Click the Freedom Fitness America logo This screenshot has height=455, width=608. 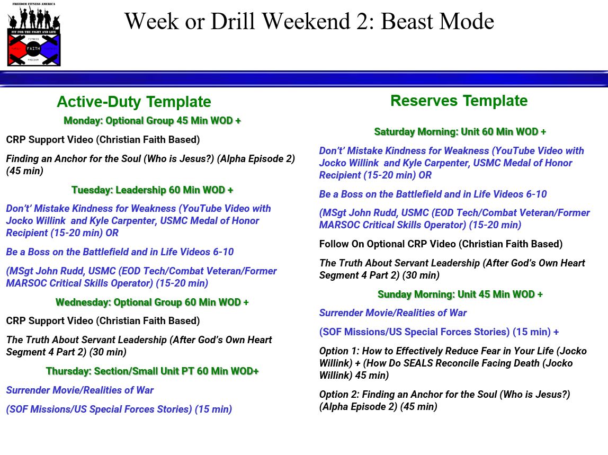pos(34,34)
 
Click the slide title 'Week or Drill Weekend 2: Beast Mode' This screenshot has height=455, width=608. pos(309,21)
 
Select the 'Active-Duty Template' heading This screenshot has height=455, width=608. pos(134,102)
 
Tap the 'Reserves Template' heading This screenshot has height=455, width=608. pos(459,101)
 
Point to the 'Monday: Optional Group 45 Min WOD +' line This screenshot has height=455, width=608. pos(152,121)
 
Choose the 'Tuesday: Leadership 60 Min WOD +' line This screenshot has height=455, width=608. pos(152,190)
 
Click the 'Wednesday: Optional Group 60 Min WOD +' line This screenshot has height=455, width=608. pos(152,302)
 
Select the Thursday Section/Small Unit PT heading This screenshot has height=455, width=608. pos(152,371)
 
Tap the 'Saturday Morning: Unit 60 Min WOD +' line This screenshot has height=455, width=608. pos(460,132)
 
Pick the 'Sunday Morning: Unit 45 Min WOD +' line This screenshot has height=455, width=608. pos(460,295)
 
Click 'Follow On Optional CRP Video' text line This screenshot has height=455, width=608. pos(441,244)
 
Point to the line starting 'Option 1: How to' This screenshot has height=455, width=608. pos(452,363)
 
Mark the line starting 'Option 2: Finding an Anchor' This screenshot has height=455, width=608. pos(444,400)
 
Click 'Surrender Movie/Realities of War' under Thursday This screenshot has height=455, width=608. pos(79,390)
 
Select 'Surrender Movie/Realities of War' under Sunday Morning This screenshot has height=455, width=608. pos(393,313)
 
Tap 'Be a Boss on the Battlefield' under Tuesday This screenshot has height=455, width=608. pos(120,252)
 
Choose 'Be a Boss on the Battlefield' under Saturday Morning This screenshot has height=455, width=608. pos(433,194)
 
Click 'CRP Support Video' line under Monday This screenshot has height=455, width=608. pos(103,140)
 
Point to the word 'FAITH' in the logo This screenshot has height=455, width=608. pos(33,49)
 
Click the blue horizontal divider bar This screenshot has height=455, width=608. pos(304,79)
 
